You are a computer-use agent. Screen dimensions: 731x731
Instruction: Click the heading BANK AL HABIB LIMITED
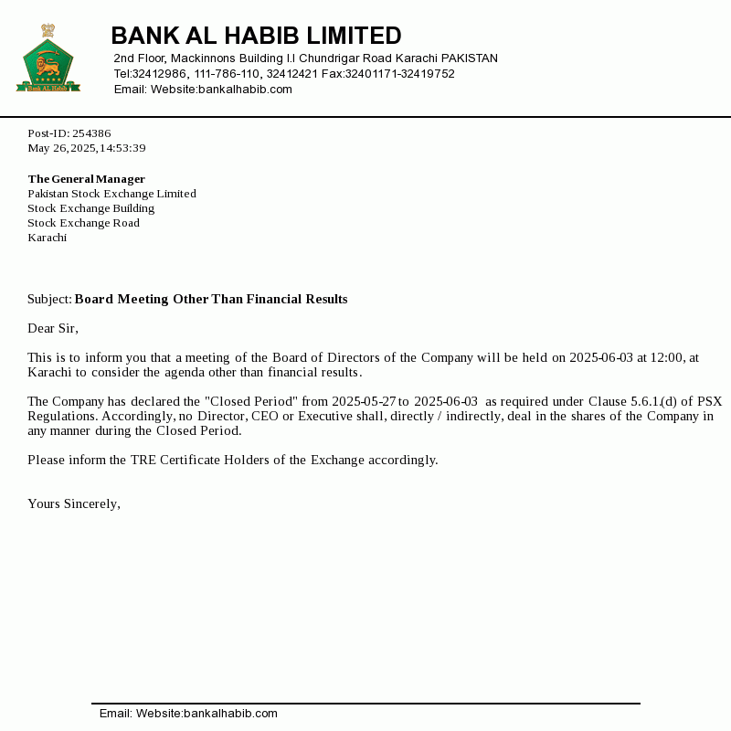pyautogui.click(x=256, y=36)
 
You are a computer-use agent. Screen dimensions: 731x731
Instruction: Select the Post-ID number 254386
pyautogui.click(x=91, y=133)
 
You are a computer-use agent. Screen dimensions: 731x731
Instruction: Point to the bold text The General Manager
pyautogui.click(x=86, y=179)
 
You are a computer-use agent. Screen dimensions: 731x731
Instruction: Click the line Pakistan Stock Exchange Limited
pyautogui.click(x=111, y=194)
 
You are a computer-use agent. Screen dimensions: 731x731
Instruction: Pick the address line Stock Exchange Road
pyautogui.click(x=83, y=223)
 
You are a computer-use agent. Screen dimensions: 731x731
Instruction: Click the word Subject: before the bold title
pyautogui.click(x=49, y=300)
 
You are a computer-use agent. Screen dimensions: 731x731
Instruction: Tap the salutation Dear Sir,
pyautogui.click(x=53, y=328)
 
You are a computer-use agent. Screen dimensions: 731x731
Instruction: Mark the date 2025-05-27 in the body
pyautogui.click(x=363, y=401)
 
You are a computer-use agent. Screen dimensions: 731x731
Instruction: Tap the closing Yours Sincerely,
pyautogui.click(x=74, y=503)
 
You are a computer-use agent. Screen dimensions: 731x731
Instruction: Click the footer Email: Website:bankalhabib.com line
pyautogui.click(x=188, y=714)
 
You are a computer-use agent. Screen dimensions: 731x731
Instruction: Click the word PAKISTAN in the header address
pyautogui.click(x=469, y=58)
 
